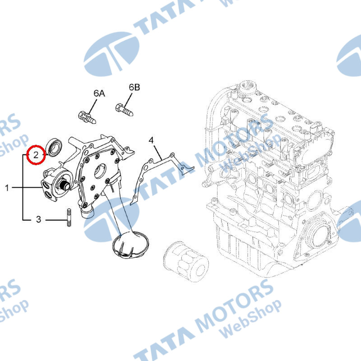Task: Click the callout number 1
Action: click(x=7, y=188)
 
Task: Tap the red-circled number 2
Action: click(x=36, y=155)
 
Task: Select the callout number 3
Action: click(x=38, y=219)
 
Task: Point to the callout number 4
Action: click(x=151, y=140)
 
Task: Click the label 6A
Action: click(x=99, y=93)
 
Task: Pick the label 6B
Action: click(x=134, y=87)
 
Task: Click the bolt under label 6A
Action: click(x=87, y=117)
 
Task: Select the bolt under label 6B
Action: click(x=125, y=110)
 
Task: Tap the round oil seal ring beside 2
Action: click(x=54, y=147)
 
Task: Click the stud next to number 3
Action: click(x=69, y=218)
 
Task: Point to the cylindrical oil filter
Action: click(x=186, y=261)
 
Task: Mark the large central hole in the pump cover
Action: click(x=101, y=171)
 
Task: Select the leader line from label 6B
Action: click(x=128, y=100)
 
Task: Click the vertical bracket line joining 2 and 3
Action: click(x=23, y=187)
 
